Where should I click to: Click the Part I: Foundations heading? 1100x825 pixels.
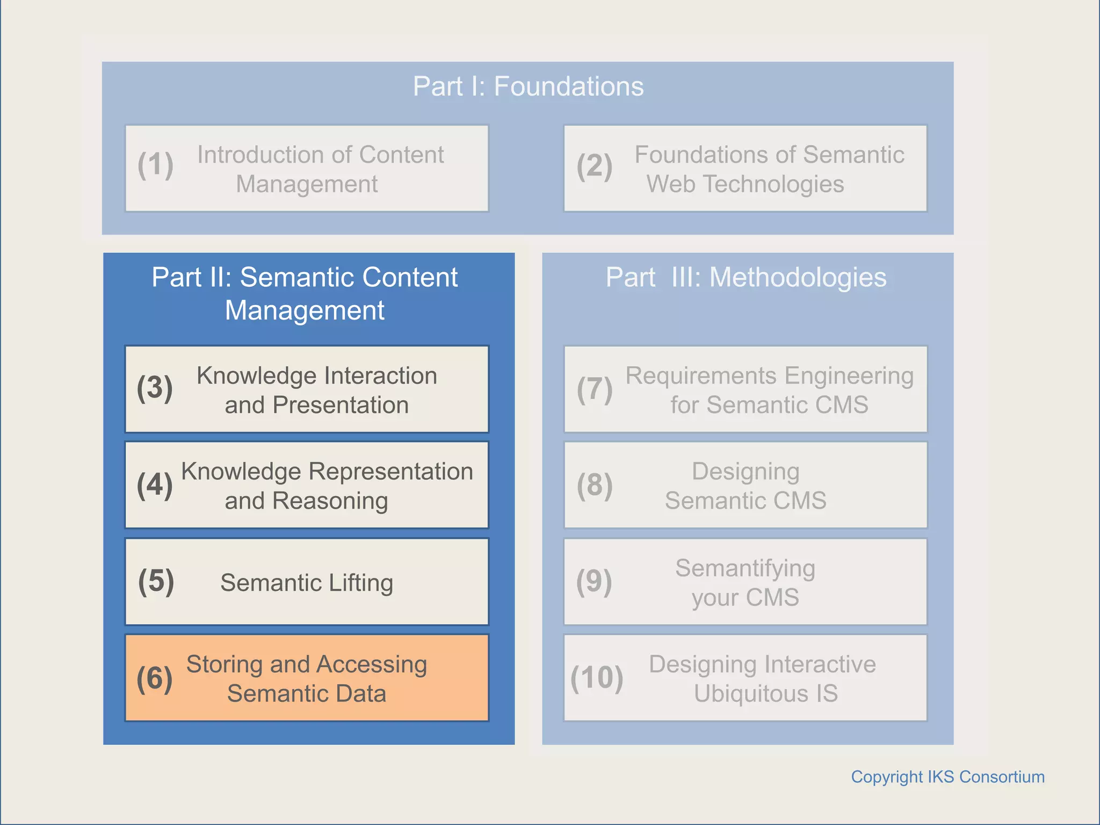[528, 86]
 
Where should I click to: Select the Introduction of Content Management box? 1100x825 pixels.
[307, 169]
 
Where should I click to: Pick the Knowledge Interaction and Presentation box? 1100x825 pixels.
[307, 389]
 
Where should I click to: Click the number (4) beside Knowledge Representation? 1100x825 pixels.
[155, 485]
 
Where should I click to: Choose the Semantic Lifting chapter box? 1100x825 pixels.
[307, 582]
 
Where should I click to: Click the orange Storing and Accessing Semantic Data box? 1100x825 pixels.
[307, 678]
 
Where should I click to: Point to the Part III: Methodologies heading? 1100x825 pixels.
[746, 278]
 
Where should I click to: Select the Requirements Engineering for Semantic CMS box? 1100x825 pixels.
[746, 389]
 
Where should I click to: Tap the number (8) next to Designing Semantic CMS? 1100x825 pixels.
[595, 485]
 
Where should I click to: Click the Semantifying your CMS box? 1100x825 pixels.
[746, 582]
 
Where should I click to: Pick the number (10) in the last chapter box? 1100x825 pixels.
[597, 678]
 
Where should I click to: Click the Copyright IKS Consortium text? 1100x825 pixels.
[947, 777]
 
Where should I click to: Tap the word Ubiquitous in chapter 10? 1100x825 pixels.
[751, 693]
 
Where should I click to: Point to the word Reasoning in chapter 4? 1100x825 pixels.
[330, 501]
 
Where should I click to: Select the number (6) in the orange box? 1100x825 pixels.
[155, 678]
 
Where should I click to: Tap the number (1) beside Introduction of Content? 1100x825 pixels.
[155, 165]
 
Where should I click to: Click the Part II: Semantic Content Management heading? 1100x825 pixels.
[305, 293]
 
